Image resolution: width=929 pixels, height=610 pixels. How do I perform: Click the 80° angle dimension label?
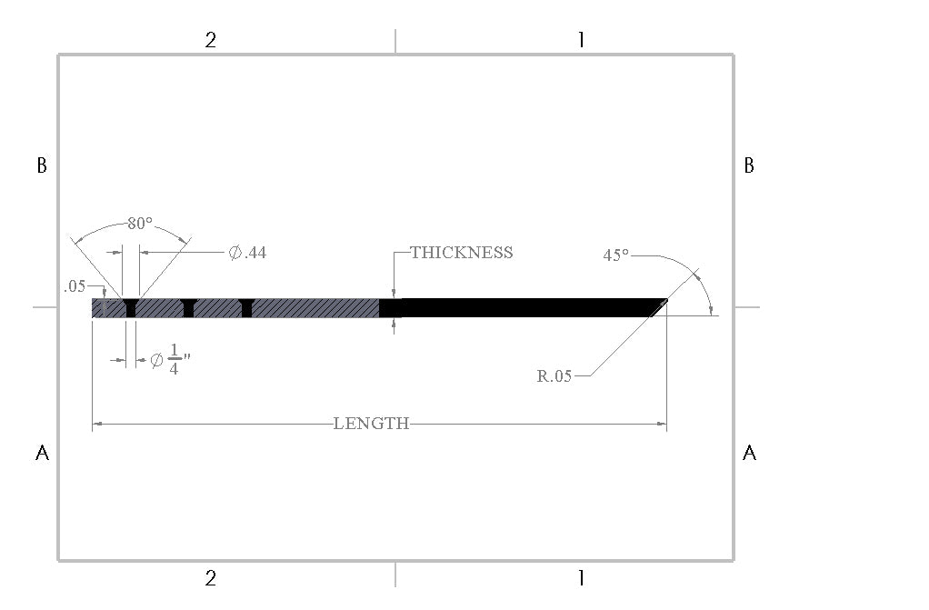tap(140, 224)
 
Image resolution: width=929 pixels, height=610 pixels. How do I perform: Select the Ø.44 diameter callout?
tap(247, 253)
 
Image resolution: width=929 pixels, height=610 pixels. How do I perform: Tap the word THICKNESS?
tap(462, 253)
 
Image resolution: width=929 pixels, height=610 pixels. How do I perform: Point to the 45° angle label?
tap(615, 255)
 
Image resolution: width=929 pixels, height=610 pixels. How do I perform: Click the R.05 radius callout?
tap(554, 375)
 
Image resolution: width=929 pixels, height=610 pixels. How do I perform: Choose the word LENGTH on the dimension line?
tap(372, 424)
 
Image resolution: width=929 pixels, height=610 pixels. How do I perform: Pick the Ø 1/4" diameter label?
tap(171, 360)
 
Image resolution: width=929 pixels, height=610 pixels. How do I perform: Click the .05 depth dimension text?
tap(75, 286)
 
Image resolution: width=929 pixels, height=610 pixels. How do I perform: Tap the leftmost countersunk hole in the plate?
tap(131, 307)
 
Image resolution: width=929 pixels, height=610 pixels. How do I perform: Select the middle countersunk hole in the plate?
tap(188, 307)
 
